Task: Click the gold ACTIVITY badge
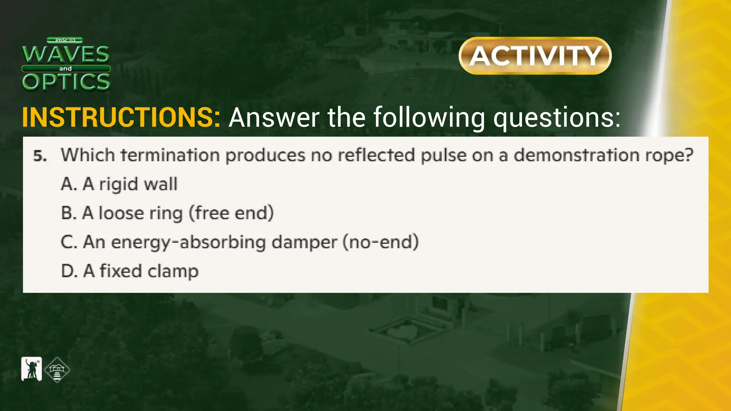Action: [x=535, y=56]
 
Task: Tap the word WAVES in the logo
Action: [x=66, y=54]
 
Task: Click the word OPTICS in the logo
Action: [x=66, y=82]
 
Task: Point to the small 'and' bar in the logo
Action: [x=66, y=68]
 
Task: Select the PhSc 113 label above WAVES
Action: [x=65, y=40]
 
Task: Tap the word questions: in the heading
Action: [x=557, y=118]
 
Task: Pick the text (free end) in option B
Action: [x=231, y=213]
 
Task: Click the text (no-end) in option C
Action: [x=380, y=242]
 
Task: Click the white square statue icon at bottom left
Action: [x=32, y=369]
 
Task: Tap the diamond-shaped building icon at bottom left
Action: [x=57, y=370]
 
